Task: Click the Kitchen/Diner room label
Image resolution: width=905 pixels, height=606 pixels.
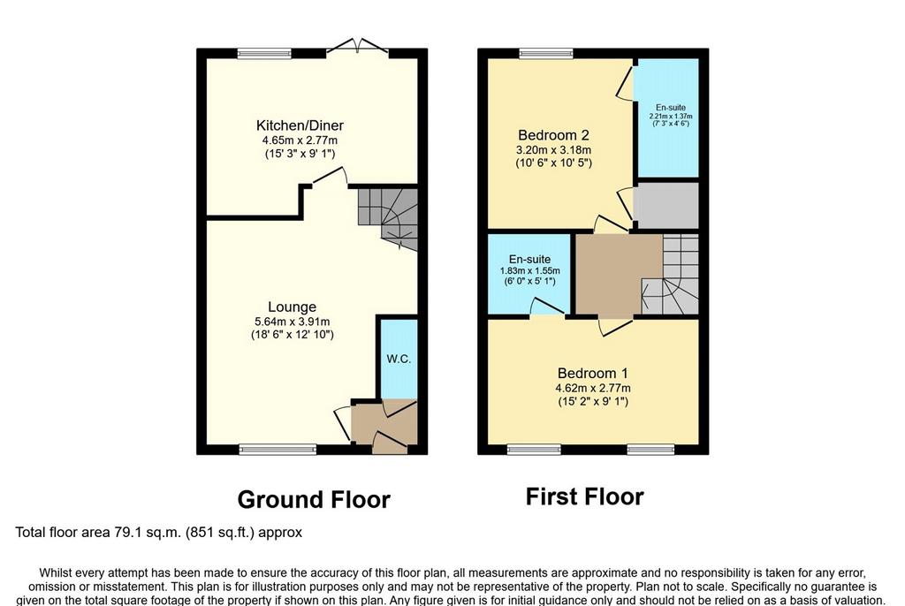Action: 300,125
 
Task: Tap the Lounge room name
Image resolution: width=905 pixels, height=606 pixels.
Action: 292,307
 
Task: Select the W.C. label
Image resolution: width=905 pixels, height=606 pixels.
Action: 399,359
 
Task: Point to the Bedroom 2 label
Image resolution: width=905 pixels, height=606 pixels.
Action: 553,135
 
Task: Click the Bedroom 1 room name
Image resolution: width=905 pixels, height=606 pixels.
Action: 593,373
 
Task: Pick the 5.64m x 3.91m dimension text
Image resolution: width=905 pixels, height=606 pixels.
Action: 292,322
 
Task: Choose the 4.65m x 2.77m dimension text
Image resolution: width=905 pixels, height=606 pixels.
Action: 300,140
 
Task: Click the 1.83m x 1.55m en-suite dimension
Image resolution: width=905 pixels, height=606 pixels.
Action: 530,270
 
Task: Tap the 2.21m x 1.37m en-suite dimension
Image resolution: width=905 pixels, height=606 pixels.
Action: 671,116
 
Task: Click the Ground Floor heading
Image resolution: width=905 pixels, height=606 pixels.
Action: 314,500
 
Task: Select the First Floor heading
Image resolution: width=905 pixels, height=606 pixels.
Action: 585,497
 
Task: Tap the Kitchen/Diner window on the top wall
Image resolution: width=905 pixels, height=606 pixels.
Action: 264,54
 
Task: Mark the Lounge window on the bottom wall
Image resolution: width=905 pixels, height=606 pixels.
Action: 278,450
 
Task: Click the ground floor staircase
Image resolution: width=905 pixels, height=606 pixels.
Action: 387,217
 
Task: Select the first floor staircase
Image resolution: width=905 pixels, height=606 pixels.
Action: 671,274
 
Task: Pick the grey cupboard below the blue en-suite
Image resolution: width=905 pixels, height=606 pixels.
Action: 666,206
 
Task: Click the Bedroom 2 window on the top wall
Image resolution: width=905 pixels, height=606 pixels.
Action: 546,54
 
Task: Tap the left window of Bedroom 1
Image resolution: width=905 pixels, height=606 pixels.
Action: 535,450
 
